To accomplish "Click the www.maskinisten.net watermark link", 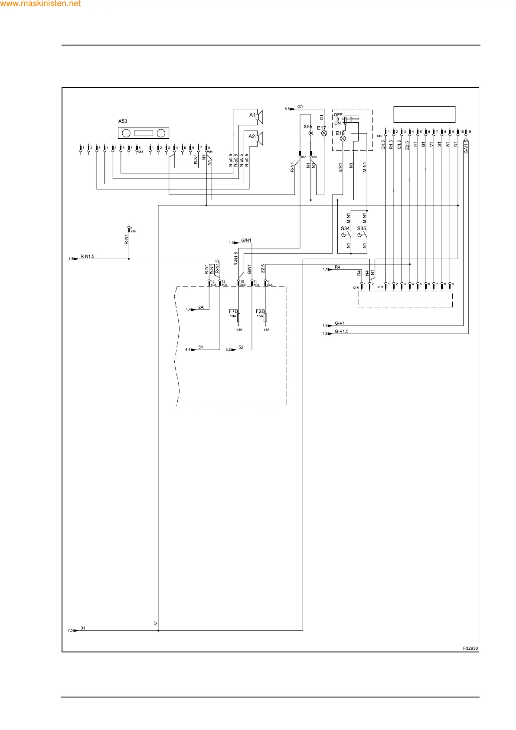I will coord(40,4).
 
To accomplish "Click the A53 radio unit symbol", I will coord(144,133).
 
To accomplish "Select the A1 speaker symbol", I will coord(259,117).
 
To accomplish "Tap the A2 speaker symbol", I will coord(259,138).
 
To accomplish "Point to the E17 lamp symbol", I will coord(324,134).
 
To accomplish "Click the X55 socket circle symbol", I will coord(310,134).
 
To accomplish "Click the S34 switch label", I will coord(345,228).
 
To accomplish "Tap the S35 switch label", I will coord(362,228).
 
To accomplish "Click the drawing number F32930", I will coord(470,649).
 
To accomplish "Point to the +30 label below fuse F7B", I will coord(239,330).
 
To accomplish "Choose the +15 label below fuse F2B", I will coord(266,330).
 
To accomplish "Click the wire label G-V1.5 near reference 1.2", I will coord(342,332).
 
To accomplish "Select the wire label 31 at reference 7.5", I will coord(83,628).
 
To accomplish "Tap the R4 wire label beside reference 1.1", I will coord(337,267).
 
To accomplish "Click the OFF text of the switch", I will coord(338,115).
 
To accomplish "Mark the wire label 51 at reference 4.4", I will coord(201,347).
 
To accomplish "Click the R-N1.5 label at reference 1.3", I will coord(87,257).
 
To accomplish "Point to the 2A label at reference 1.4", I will coord(201,307).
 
